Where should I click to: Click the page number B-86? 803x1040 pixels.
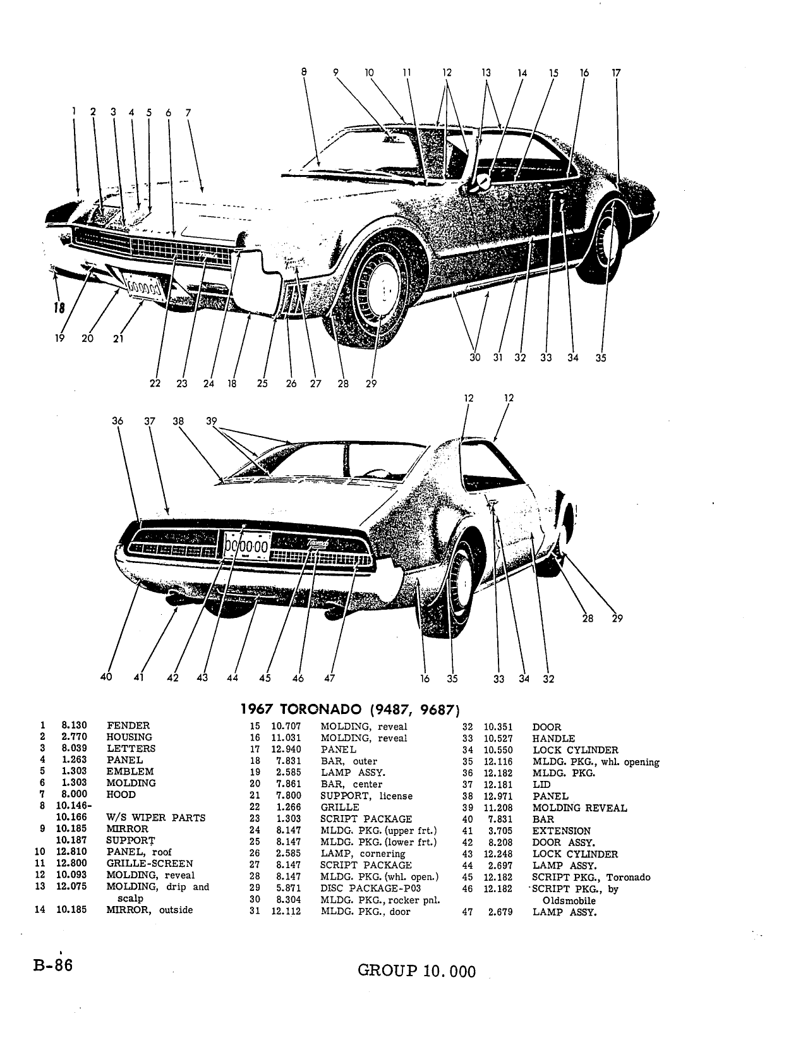(x=52, y=965)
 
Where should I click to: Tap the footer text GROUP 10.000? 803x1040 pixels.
(x=416, y=971)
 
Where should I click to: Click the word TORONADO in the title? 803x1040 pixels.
(x=320, y=710)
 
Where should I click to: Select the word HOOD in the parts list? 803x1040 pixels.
(x=121, y=794)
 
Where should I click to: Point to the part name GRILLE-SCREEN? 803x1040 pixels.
(x=150, y=863)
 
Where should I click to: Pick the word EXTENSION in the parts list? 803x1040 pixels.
(x=561, y=831)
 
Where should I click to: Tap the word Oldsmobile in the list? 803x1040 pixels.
(x=569, y=901)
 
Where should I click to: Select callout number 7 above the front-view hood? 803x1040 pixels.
(x=188, y=113)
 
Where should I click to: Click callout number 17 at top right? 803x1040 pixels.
(x=617, y=73)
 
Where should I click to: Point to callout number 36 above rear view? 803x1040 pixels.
(x=118, y=421)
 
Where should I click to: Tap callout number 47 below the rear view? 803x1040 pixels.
(x=329, y=678)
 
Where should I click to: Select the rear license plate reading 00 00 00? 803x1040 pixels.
(x=247, y=545)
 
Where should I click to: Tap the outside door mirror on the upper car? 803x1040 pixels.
(x=481, y=182)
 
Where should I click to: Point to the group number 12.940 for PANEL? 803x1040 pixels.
(x=286, y=749)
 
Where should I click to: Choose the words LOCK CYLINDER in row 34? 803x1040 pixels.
(x=575, y=750)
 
